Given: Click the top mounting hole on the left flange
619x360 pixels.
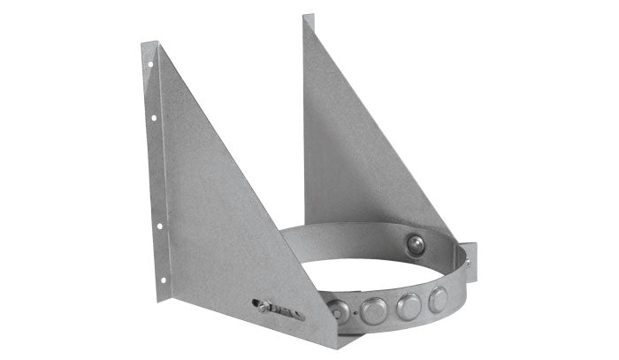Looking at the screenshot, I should pos(150,64).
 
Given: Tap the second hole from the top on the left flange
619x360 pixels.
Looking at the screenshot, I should pos(154,117).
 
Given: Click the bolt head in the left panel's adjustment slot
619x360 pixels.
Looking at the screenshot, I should pos(264,306).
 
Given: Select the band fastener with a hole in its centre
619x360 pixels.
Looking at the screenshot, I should pos(340,310).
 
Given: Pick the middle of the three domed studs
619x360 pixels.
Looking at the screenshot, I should pos(409,306).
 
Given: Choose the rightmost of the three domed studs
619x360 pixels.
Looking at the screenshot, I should pos(439,299).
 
